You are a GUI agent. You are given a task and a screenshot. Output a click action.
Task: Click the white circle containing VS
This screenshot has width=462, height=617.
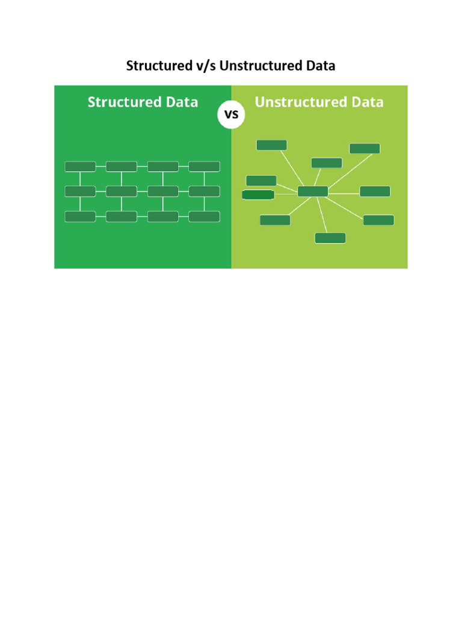point(231,114)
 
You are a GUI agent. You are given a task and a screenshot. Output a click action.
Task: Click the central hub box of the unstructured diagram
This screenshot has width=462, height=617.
point(313,192)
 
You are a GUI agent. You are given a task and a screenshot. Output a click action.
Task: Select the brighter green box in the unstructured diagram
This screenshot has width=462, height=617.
point(258,195)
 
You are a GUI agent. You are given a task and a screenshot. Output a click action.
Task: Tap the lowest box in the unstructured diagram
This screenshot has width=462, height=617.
point(330,238)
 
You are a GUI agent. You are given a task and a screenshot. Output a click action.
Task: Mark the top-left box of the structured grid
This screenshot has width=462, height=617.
point(80,166)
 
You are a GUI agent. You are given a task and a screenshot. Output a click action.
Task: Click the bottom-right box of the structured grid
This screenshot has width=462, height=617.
point(204,216)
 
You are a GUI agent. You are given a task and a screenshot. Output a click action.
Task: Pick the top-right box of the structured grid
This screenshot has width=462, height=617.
point(204,166)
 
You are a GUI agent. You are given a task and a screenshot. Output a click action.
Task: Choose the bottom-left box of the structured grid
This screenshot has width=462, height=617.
point(80,216)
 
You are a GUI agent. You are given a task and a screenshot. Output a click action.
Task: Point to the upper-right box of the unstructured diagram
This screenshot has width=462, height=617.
point(365,148)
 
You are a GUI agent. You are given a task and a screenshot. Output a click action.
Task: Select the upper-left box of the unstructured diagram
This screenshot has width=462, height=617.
point(271,145)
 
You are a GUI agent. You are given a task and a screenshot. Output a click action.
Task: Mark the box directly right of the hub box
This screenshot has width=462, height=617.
point(375,192)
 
